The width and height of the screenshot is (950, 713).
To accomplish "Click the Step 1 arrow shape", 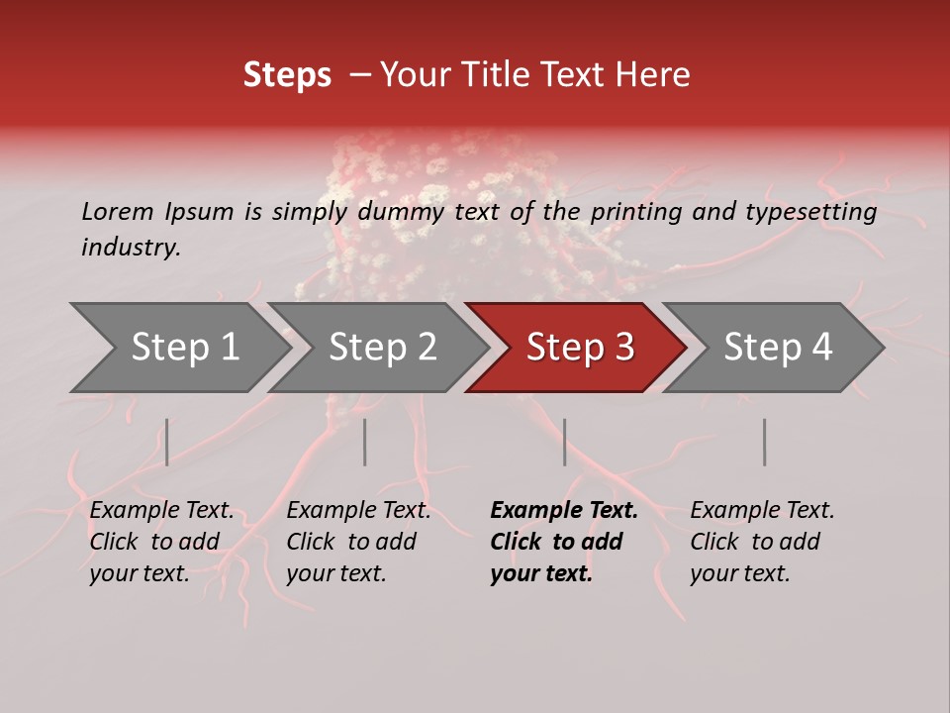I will [178, 348].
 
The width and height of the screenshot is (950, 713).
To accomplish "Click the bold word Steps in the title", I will [287, 75].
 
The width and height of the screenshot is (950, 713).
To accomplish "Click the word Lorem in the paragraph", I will [118, 211].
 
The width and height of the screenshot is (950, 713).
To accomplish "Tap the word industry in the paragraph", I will [130, 248].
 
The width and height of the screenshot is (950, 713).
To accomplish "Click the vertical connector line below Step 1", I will [167, 442].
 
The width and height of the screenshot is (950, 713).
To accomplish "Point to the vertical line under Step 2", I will [365, 442].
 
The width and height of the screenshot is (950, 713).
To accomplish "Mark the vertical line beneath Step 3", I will [565, 442].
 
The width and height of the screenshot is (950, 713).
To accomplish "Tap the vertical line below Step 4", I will [765, 442].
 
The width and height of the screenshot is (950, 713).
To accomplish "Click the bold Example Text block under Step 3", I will [564, 542].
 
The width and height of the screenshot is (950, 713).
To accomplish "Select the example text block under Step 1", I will [161, 542].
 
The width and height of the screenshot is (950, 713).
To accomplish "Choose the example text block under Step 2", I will [358, 542].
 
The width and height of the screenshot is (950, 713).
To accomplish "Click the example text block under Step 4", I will [762, 542].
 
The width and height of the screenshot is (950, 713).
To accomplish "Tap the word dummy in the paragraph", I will [401, 211].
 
